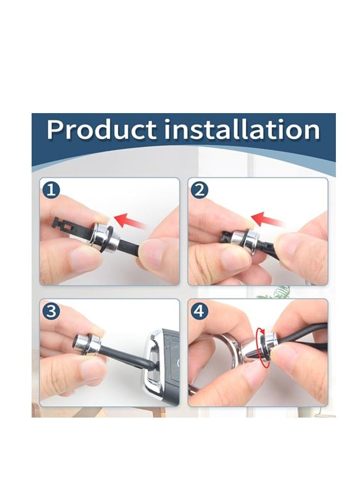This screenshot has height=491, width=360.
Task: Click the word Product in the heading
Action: point(102,129)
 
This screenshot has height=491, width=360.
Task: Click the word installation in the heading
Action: point(242,129)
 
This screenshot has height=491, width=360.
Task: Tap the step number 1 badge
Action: point(51,190)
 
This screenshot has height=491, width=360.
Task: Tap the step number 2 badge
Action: point(199,190)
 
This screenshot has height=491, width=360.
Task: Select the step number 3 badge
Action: point(51,311)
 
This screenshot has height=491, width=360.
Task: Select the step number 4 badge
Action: point(199,311)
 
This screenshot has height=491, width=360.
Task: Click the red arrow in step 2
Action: point(268,219)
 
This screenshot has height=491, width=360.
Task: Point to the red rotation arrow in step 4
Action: point(262,347)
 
